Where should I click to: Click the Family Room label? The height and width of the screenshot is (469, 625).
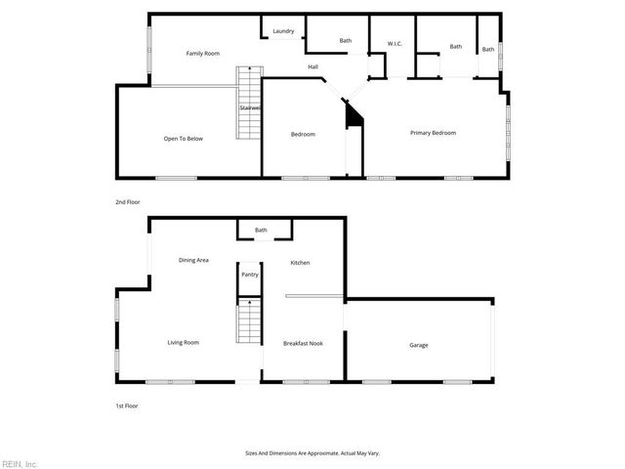(201, 53)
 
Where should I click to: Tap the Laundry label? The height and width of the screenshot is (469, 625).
(283, 31)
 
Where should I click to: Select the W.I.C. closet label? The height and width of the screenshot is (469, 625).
(395, 43)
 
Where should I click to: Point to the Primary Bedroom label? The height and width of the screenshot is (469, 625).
(433, 133)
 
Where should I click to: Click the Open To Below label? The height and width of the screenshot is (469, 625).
(183, 139)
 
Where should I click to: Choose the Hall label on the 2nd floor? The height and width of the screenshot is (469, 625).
(313, 66)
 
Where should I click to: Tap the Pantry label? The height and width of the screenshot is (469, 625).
(250, 275)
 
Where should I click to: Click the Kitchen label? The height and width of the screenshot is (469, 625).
(300, 263)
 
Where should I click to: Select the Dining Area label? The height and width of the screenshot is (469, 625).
(193, 260)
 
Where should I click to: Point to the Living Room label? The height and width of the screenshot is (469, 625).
(183, 342)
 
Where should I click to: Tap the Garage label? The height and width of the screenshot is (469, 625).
(418, 345)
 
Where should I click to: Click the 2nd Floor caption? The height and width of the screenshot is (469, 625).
(128, 201)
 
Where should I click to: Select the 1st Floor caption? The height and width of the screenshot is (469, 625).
(127, 405)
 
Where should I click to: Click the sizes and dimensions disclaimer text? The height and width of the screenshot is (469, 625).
(312, 452)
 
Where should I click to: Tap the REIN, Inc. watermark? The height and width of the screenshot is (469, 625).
(20, 462)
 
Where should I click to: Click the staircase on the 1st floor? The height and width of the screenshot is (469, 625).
(249, 322)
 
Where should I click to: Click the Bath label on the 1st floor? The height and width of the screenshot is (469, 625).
(261, 231)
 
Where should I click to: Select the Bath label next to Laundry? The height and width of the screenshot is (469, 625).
(345, 41)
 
